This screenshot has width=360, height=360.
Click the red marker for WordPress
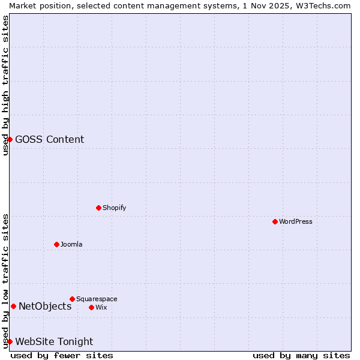[275, 221]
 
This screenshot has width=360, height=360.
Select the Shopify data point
[98, 208]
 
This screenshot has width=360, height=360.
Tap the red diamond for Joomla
[56, 244]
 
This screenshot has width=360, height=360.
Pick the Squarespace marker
[72, 299]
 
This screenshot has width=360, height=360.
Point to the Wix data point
[91, 307]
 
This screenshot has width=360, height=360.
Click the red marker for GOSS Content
[10, 139]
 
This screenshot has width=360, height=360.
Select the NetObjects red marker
[13, 306]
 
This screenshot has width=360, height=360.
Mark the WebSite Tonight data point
[10, 341]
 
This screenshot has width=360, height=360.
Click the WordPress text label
[296, 221]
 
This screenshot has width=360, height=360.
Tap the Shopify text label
[115, 208]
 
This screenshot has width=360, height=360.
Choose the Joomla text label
[71, 244]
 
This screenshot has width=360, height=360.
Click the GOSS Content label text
[49, 139]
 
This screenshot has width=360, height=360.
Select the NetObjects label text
[45, 306]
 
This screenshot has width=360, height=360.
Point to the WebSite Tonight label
[54, 341]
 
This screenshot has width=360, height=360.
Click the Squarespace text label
[97, 299]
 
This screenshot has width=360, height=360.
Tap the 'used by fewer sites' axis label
[62, 355]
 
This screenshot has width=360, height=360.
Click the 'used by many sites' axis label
[301, 355]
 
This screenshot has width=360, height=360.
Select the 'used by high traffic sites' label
[5, 85]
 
